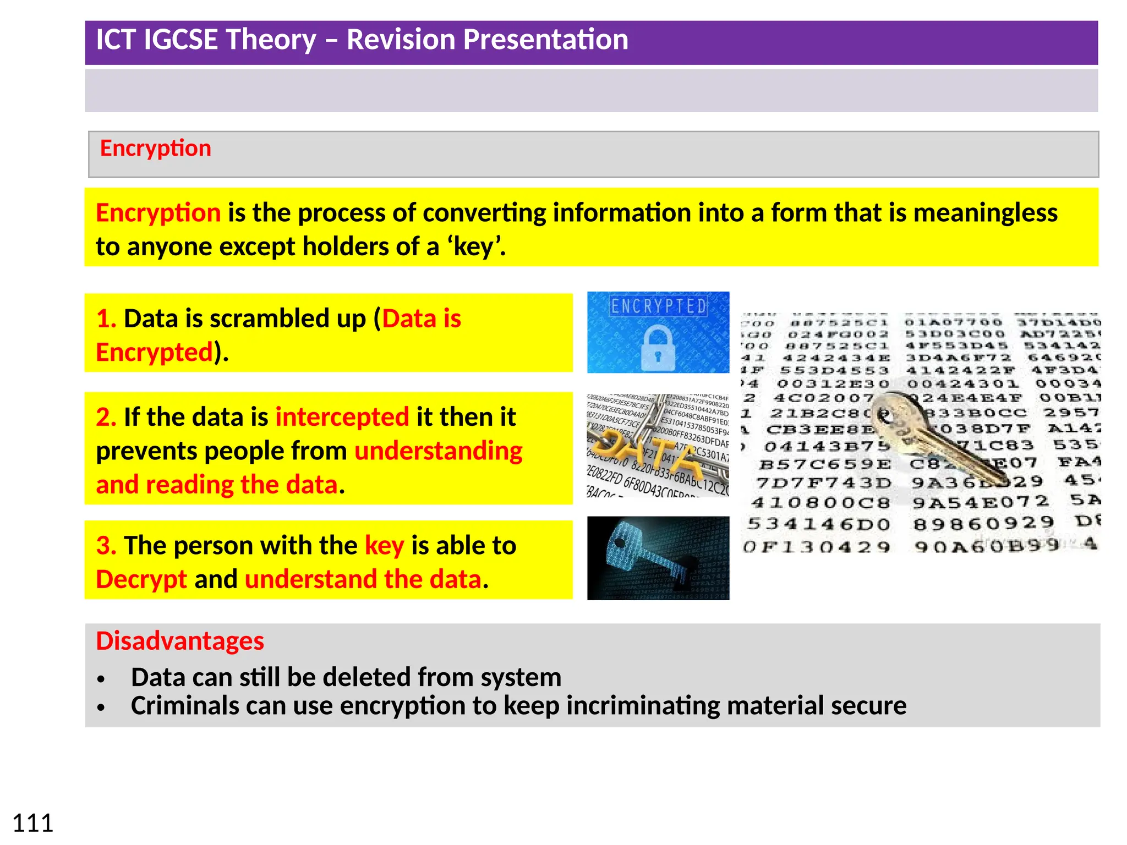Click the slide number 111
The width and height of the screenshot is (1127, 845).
tap(33, 823)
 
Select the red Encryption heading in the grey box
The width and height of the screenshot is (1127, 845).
tap(156, 149)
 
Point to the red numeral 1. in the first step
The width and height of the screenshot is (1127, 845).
tap(106, 319)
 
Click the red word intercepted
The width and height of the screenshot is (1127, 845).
tap(342, 417)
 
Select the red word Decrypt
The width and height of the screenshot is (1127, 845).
tap(141, 579)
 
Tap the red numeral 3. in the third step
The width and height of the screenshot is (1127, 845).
tap(106, 546)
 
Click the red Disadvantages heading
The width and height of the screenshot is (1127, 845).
tap(180, 641)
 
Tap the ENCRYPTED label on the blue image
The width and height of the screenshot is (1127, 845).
tap(659, 306)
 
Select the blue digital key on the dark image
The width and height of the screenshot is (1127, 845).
tap(644, 553)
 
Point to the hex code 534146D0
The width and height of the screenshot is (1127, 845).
tap(818, 524)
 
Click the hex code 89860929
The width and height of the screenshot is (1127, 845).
tap(983, 523)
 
